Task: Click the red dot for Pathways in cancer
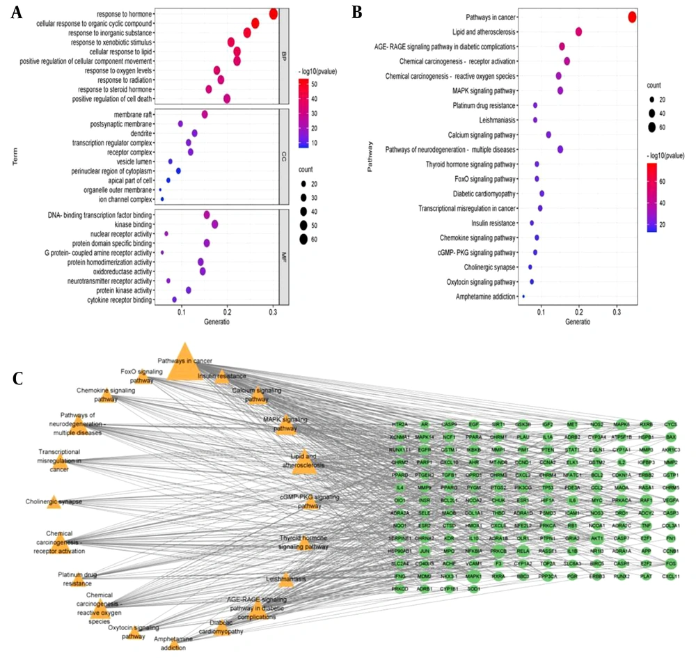[x=632, y=17]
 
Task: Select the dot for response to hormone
[x=274, y=15]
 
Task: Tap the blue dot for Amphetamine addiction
[x=523, y=297]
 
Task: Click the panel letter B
[x=356, y=12]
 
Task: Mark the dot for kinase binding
[x=215, y=224]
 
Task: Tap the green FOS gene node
[x=670, y=562]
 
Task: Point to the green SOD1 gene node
[x=474, y=588]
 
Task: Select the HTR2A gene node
[x=399, y=424]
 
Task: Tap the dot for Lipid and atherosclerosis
[x=578, y=31]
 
